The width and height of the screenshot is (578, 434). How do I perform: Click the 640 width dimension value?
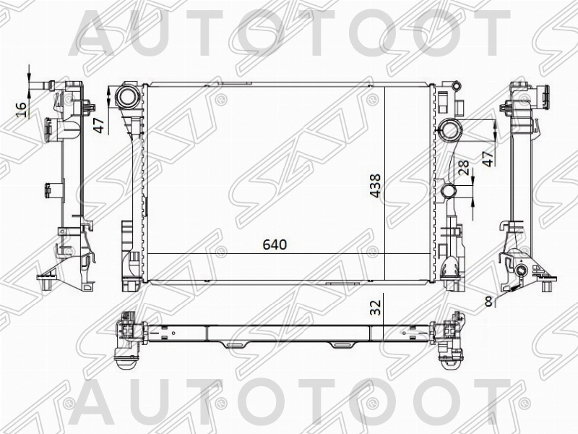[x=275, y=244]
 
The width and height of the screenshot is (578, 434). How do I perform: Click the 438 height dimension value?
[x=374, y=187]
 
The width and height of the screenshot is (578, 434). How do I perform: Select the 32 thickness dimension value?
[x=374, y=307]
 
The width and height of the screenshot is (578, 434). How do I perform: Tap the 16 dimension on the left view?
[x=22, y=109]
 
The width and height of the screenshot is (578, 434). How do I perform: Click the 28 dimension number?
[x=464, y=169]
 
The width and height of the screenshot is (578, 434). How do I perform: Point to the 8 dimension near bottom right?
[x=489, y=302]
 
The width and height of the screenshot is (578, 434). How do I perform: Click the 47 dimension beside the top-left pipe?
[x=100, y=122]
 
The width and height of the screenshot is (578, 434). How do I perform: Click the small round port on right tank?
[x=448, y=192]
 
